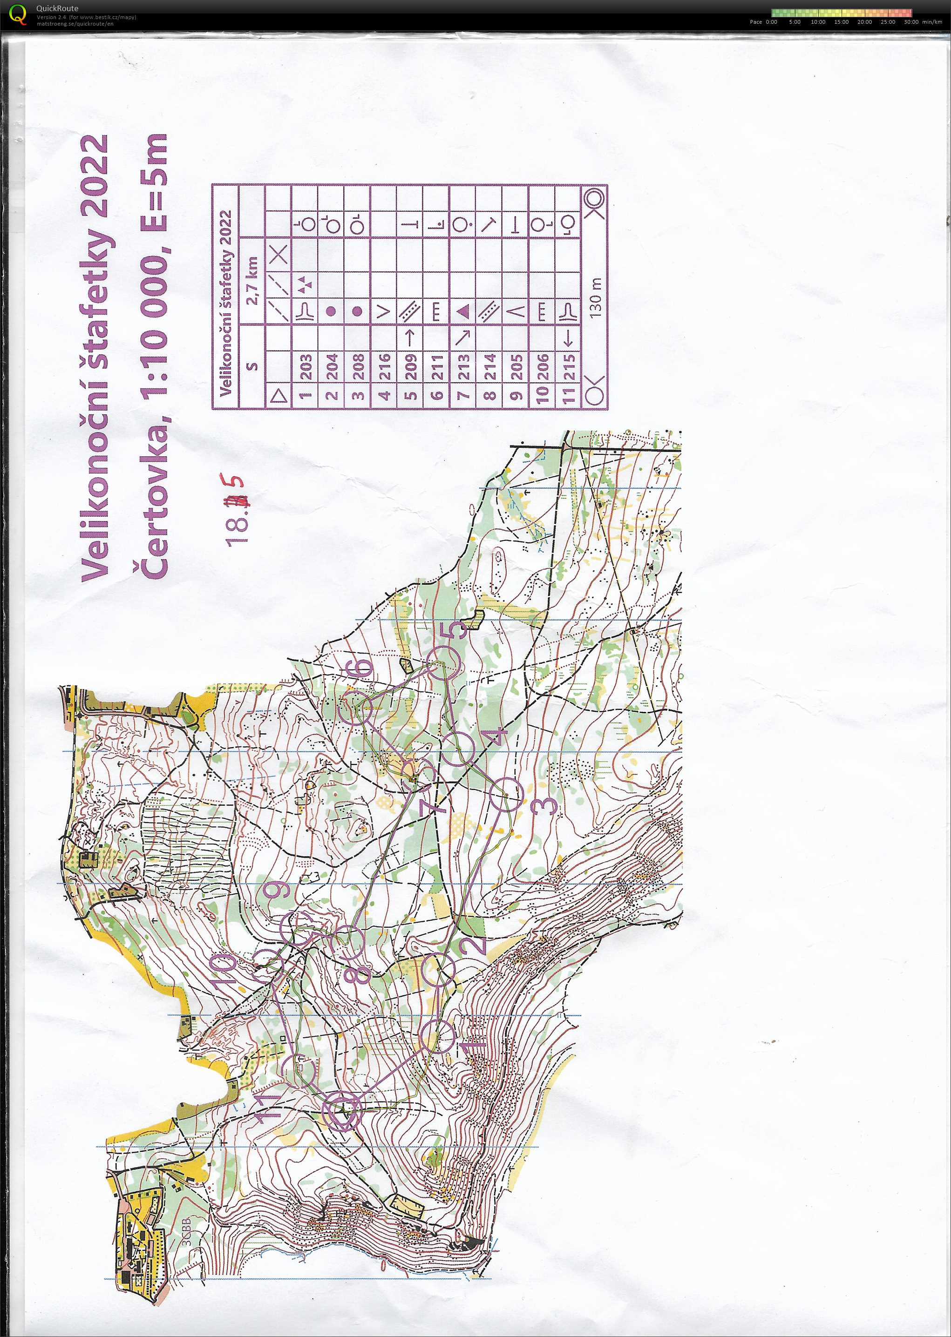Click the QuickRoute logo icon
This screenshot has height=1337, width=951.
18,14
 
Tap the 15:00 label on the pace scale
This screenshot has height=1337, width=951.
841,22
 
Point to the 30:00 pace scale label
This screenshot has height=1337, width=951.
910,22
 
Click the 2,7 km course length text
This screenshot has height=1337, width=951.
253,281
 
